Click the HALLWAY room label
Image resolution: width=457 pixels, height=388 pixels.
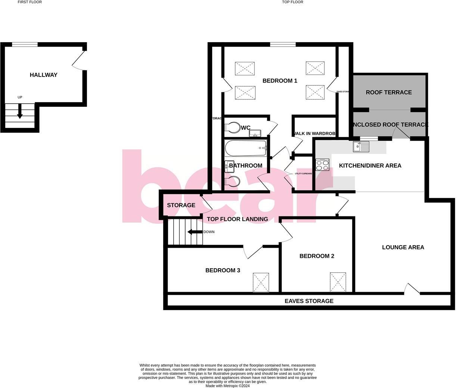tap(44, 75)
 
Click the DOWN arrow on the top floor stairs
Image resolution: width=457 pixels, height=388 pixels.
tap(194, 232)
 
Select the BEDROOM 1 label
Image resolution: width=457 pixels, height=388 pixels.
tap(280, 81)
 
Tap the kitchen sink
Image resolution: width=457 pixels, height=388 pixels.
tap(361, 147)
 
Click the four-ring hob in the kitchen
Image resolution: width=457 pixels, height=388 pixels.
tap(323, 165)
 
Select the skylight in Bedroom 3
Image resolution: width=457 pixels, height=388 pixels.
tap(261, 282)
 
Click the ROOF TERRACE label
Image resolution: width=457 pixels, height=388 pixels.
tap(389, 93)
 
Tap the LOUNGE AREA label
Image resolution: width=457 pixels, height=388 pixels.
tap(403, 247)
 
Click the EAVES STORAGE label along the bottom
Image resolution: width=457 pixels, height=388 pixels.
tap(309, 301)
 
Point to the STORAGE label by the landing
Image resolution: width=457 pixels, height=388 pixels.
tap(181, 205)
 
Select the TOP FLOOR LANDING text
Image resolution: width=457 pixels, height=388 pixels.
tap(237, 219)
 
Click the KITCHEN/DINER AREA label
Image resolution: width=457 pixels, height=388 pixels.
tap(370, 166)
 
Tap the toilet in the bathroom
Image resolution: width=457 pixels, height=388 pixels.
tap(233, 182)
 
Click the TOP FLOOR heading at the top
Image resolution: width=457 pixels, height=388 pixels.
tap(293, 2)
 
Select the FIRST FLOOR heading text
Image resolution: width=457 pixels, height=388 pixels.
tap(30, 2)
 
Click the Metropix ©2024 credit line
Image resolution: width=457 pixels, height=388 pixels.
tap(228, 386)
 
